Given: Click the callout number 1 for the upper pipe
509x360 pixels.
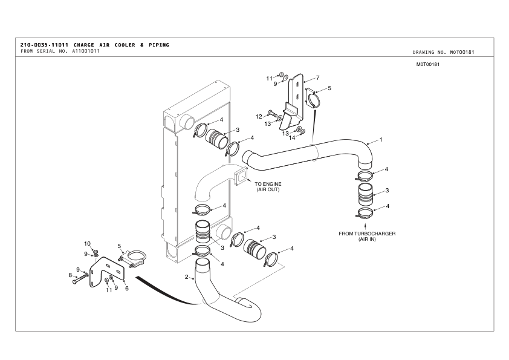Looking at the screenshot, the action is pos(381,140).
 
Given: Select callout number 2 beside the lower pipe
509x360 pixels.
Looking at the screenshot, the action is pos(186,277).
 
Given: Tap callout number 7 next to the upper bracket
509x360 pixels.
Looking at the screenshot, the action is pos(317,77).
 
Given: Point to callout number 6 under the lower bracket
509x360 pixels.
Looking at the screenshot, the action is pos(126,288).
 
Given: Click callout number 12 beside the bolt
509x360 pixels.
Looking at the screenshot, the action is pos(259,117).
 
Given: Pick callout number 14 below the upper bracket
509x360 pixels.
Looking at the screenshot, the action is pos(292,138).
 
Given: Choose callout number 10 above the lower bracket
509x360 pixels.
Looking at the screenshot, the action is pos(87,244).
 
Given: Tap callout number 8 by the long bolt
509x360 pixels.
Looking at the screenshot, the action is pos(70,275).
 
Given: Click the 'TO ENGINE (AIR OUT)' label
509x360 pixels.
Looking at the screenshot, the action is pos(268,187).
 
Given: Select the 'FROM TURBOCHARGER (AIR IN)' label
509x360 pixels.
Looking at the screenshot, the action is pos(367,237).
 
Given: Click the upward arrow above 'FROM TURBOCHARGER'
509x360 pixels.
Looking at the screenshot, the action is pos(366,226).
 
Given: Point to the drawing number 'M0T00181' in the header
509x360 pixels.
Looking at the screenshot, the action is pos(462,52).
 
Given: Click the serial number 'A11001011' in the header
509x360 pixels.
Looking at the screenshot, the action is pos(86,51).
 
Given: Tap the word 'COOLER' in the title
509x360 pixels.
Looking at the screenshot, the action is pos(125,45).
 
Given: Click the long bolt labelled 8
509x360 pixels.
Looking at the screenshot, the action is pos(80,278).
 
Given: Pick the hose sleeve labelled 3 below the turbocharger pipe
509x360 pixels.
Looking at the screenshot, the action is pos(366,194).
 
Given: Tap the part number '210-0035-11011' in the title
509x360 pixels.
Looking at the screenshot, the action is pos(44,45).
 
